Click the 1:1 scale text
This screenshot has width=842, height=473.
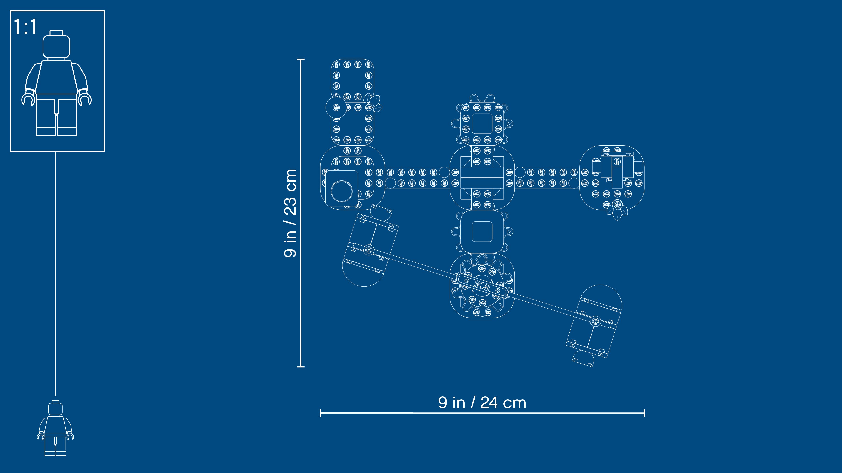click(25, 27)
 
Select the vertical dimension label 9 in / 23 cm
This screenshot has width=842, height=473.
click(290, 213)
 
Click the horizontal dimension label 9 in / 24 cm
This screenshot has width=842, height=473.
click(482, 403)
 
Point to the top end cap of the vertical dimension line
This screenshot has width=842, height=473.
click(301, 59)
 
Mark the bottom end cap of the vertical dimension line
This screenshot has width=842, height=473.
click(301, 367)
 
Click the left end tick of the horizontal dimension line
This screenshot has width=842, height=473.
click(321, 413)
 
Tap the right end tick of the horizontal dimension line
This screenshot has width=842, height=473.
click(644, 413)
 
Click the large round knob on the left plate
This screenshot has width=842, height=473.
click(342, 191)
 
